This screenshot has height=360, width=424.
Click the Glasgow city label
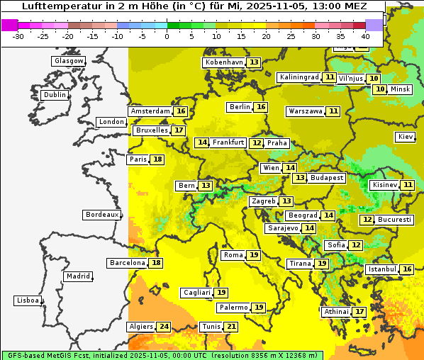[x=69, y=61]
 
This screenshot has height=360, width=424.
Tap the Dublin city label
[x=55, y=95]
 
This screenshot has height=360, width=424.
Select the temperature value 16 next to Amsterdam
[x=181, y=111]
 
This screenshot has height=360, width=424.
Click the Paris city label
[x=138, y=159]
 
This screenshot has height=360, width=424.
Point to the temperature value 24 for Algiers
[x=164, y=327]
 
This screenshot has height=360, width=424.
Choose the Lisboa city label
[x=27, y=300]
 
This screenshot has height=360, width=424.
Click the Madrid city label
[x=78, y=276]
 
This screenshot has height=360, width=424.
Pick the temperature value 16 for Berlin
[x=261, y=107]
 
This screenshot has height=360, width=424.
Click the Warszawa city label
[x=306, y=111]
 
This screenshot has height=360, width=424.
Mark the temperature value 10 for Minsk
[x=380, y=89]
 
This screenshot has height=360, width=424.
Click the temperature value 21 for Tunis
[x=231, y=327]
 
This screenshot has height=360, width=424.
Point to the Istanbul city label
[x=381, y=270]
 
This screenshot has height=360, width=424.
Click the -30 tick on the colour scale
[x=18, y=35]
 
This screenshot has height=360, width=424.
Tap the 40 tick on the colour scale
[x=365, y=35]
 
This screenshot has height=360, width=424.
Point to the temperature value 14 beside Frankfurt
[x=202, y=142]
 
